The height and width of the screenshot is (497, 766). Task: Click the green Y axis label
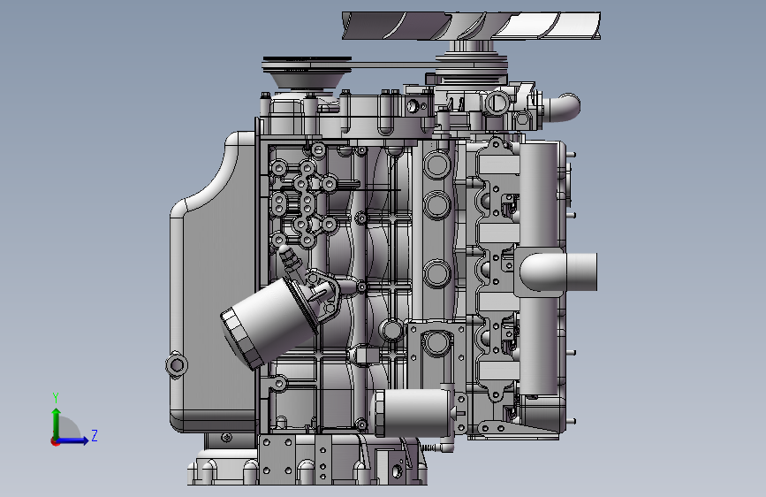point(56,397)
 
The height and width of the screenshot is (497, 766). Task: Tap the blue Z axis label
point(95,435)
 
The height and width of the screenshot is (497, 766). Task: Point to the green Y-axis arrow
point(57,424)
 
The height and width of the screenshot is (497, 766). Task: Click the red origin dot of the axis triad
point(55,441)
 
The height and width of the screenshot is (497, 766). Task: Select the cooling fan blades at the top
point(472,26)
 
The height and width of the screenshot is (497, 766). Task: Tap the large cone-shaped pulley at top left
point(307,73)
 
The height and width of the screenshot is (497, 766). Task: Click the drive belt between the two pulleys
point(393,65)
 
